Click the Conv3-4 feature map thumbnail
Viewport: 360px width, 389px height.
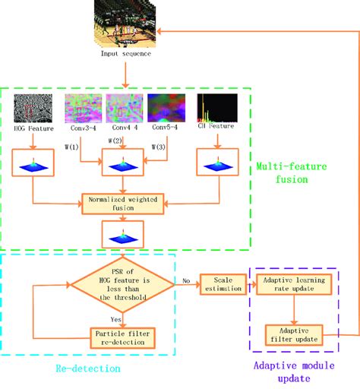pyautogui.click(x=81, y=110)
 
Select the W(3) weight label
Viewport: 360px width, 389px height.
pyautogui.click(x=159, y=146)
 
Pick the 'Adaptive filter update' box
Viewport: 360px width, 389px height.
pyautogui.click(x=293, y=334)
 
